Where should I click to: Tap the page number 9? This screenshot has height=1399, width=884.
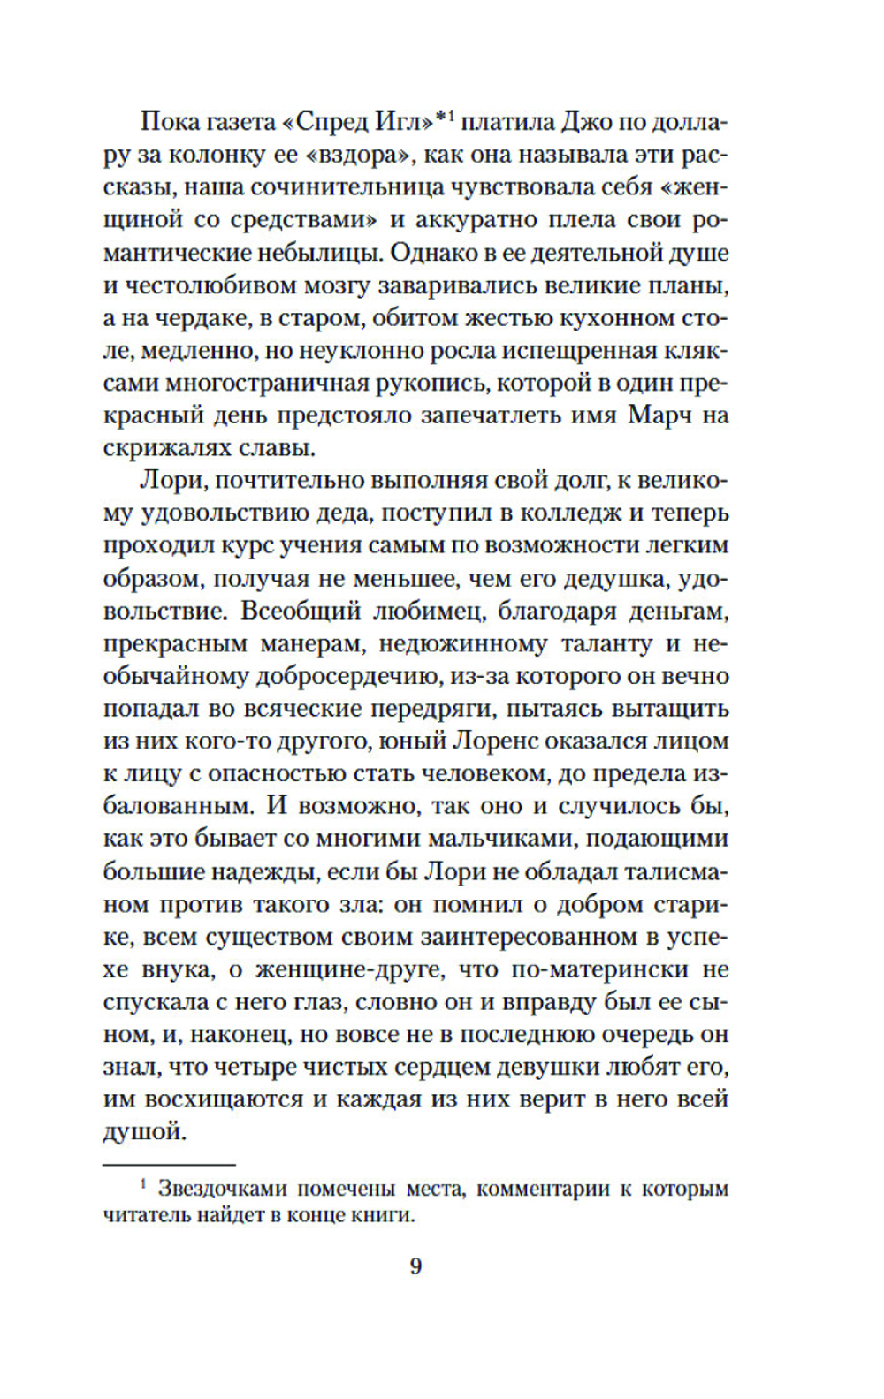point(415,1266)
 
